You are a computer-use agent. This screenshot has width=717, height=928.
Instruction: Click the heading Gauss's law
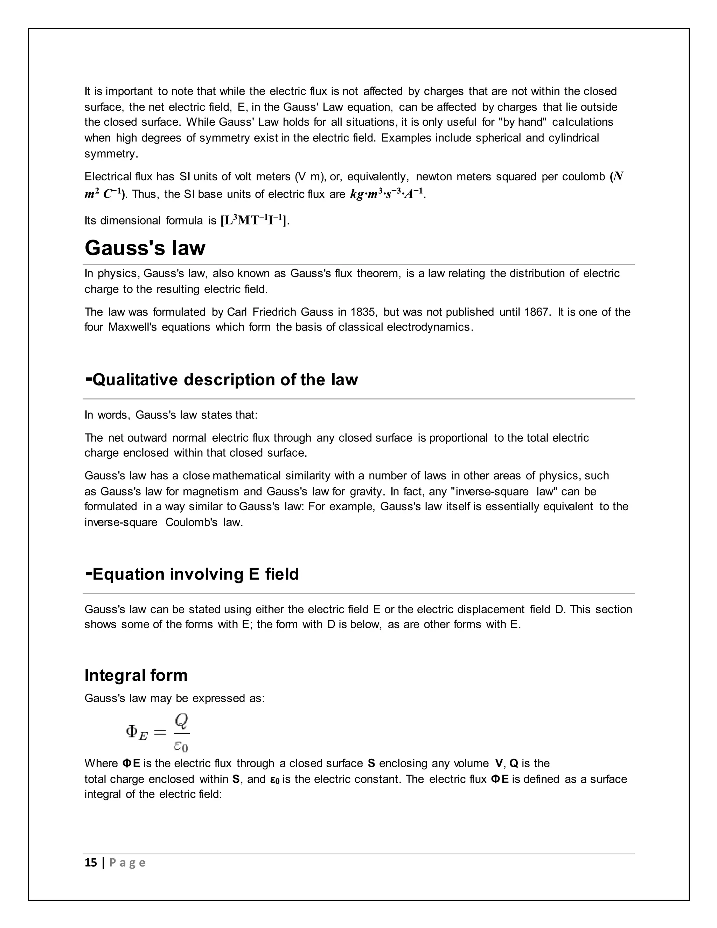tap(145, 248)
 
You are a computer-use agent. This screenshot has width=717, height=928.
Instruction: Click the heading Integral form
tap(136, 675)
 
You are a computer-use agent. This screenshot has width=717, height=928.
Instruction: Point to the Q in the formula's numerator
tap(182, 721)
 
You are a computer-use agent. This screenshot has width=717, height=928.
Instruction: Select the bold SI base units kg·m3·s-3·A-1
tap(386, 194)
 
